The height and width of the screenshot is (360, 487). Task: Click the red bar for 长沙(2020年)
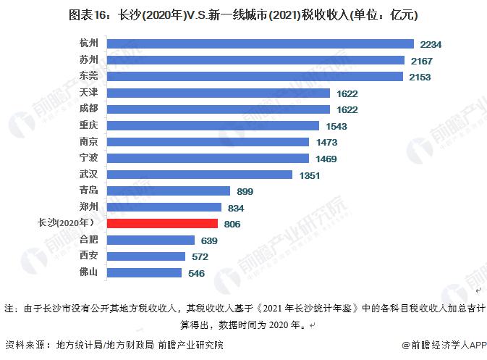point(162,224)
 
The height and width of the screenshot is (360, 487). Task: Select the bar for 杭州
point(260,44)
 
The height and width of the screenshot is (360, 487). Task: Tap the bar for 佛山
point(144,272)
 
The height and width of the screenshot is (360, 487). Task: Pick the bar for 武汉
point(200,174)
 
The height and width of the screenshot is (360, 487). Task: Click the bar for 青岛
point(169,191)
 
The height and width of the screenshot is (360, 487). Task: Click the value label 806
point(232,225)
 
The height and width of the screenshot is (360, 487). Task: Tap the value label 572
point(200,257)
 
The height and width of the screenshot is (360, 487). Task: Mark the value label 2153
point(420,78)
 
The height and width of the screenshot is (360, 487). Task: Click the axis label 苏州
point(89,60)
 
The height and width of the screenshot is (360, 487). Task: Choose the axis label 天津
point(89,93)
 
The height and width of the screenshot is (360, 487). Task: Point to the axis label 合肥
point(89,239)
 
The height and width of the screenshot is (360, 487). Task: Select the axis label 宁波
point(89,157)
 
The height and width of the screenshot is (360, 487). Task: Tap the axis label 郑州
point(89,206)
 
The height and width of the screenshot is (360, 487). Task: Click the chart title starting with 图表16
point(243,14)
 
